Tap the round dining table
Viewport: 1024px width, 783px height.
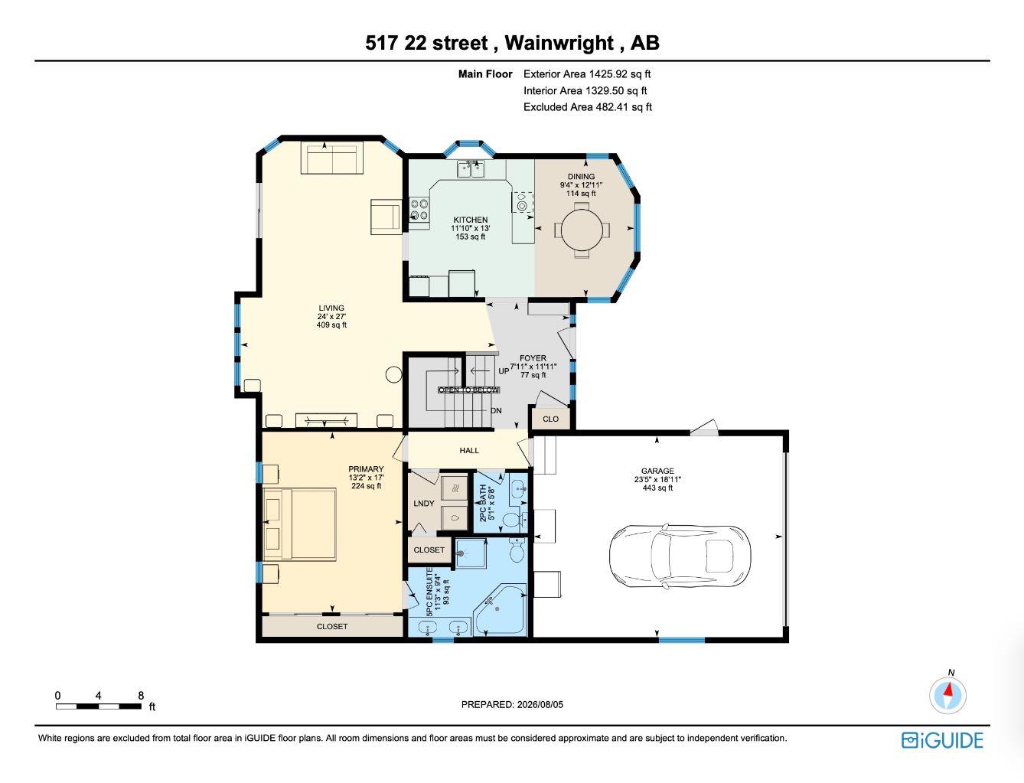pos(582,230)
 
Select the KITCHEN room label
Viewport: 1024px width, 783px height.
pos(470,220)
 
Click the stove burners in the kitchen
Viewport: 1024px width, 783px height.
pos(419,210)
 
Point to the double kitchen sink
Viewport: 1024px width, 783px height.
pos(471,169)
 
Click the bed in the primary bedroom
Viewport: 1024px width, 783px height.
pos(299,524)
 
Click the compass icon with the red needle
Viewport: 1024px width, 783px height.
pos(947,695)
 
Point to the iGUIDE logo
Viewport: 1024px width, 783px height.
pos(942,741)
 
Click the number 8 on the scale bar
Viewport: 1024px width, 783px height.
pos(141,695)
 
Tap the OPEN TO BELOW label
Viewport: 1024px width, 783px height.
pos(468,390)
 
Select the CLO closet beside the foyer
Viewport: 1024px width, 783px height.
pos(550,419)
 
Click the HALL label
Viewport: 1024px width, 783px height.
pos(469,451)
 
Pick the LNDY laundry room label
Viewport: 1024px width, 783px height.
pos(423,503)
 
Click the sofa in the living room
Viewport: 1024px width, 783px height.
pos(331,158)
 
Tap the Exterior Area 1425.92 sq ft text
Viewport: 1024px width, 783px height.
pos(587,74)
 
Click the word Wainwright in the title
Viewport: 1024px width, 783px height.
pos(559,43)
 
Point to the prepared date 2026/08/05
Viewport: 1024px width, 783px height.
pos(540,704)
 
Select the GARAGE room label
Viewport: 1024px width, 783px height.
pos(657,471)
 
